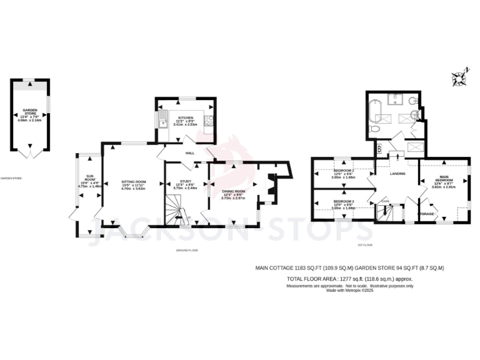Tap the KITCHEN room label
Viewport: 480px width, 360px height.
[185, 118]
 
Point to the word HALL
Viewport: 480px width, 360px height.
[189, 152]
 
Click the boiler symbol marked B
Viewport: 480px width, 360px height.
[379, 149]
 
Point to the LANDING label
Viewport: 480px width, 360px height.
[398, 174]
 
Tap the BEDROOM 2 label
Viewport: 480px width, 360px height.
[344, 171]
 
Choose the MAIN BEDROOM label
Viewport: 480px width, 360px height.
[444, 179]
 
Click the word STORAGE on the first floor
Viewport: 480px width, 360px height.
[426, 214]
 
